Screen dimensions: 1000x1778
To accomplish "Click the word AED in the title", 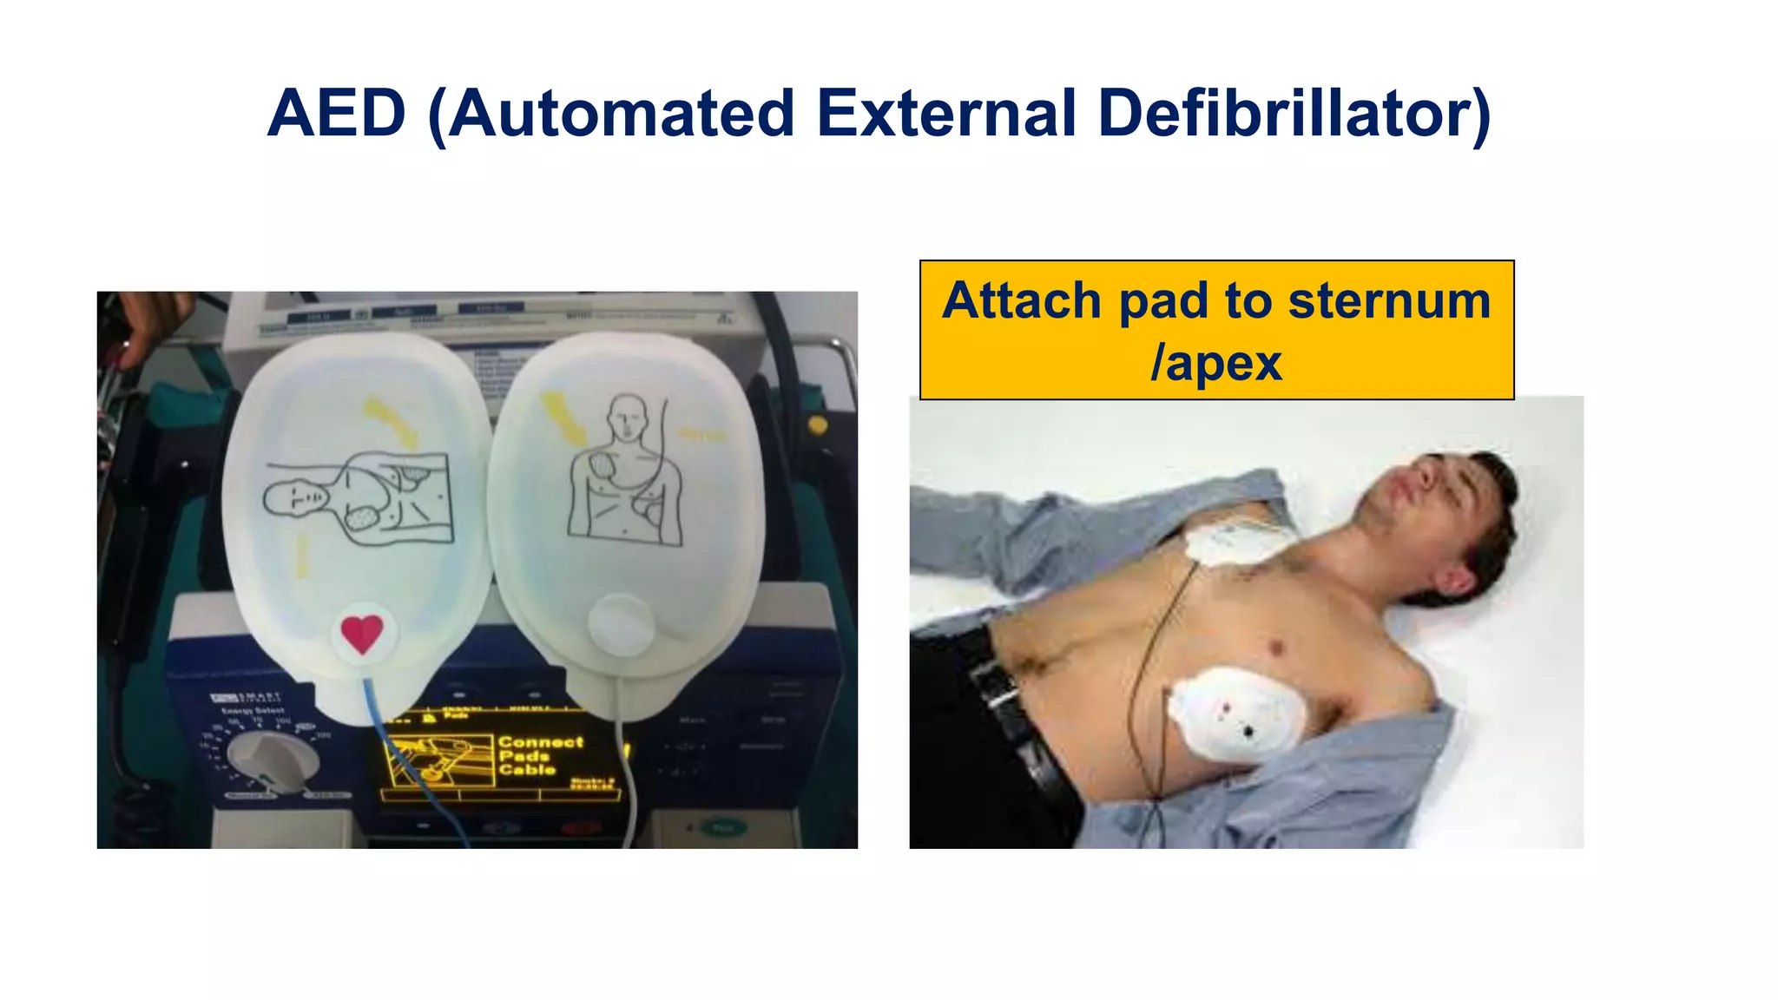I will [337, 114].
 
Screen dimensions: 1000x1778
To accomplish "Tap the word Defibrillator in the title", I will [1294, 114].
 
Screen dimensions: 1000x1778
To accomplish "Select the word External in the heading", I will [947, 114].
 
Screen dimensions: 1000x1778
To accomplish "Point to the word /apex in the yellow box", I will [1215, 363].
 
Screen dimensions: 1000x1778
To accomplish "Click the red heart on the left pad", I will [362, 633].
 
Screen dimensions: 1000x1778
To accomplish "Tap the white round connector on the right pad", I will [620, 624].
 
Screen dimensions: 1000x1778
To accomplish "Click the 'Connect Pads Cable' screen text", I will [539, 755].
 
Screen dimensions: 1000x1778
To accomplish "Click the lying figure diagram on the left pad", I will [358, 499].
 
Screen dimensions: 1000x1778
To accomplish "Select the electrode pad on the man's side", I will [1237, 715].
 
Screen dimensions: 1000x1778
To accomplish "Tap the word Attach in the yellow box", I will [1022, 300].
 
